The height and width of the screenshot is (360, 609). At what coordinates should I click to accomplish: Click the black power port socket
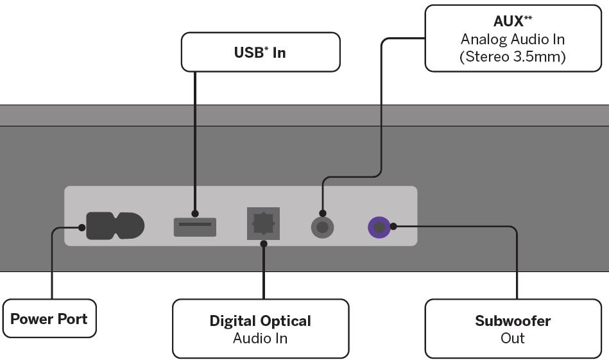pos(116,226)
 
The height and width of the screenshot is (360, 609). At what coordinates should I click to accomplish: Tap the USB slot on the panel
pos(194,227)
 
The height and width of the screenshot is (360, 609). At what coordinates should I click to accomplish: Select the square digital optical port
pos(263,223)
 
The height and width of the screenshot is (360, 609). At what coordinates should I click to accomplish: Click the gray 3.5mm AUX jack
pos(322,227)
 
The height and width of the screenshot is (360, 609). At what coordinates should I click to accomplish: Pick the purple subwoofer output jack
pos(379,227)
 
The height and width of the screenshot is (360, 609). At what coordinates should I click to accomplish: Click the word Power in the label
pos(31,319)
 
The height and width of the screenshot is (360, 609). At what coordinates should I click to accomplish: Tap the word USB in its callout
pos(249,53)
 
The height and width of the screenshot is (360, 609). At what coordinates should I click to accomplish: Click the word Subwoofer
pos(513,321)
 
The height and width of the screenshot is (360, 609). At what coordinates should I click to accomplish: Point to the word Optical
pos(286,321)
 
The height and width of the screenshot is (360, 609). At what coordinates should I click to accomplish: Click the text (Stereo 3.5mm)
pos(513,56)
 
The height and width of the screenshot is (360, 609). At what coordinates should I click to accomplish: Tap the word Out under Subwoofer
pos(513,338)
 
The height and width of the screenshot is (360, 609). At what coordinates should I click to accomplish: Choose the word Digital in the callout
pos(234,321)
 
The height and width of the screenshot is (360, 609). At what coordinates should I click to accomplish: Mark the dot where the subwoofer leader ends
pos(393,226)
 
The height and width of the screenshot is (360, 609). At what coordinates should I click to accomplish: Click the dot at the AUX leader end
pos(322,213)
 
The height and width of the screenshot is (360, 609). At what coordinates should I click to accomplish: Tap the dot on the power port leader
pos(81,227)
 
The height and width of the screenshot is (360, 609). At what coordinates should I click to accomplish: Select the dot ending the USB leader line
pos(194,213)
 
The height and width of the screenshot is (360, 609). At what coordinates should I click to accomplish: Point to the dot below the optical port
pos(263,243)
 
